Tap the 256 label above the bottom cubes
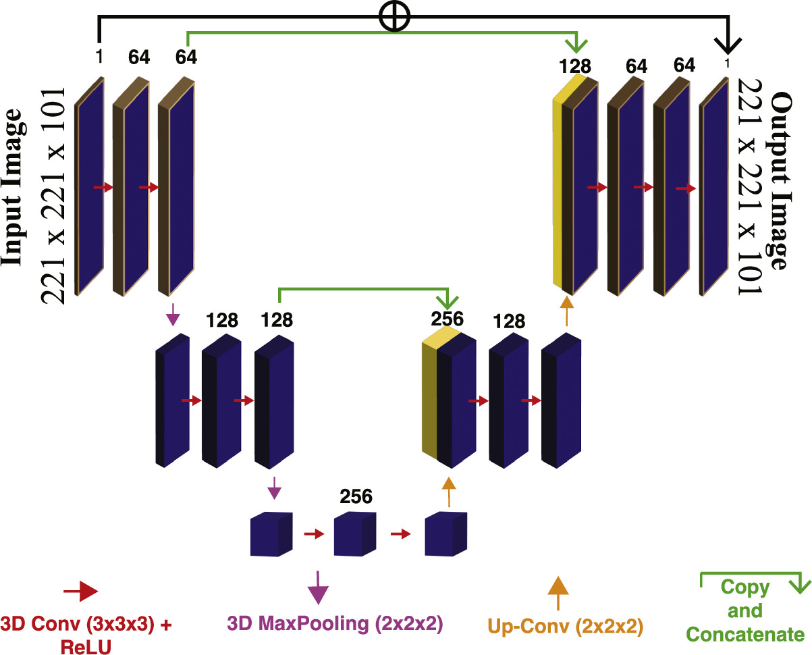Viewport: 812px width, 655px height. coord(356,496)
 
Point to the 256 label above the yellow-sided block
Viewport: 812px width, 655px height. coord(448,318)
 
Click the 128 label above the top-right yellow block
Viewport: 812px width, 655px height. coord(575,66)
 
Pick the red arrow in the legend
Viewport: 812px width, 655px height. coord(80,592)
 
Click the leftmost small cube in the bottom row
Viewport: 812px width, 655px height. coord(271,534)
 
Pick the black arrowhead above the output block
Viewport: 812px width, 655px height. coord(726,45)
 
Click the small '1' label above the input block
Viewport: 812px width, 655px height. coord(99,58)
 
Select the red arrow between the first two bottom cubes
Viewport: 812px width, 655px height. coord(314,534)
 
